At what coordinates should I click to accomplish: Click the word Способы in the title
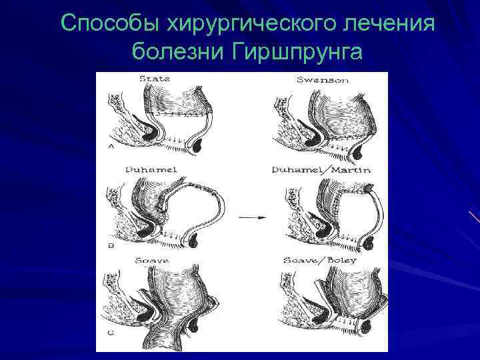click(101, 23)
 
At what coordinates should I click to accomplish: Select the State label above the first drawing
click(155, 79)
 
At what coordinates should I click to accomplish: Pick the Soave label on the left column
click(152, 259)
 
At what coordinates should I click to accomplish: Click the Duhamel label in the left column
click(151, 170)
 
